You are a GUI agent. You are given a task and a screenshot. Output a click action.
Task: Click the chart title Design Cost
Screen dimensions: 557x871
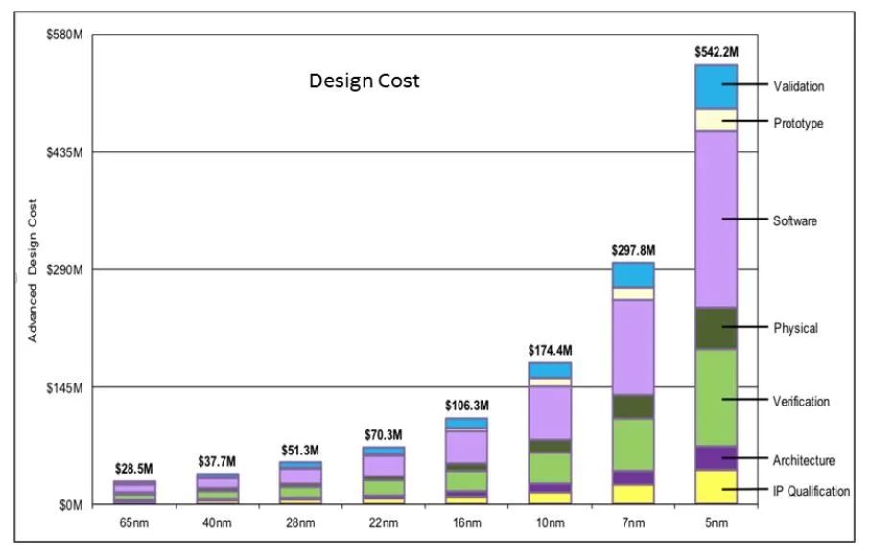364,81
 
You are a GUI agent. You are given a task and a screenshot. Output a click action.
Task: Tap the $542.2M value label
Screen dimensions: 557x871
717,51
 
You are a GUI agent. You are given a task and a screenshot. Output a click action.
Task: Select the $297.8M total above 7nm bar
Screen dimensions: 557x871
633,250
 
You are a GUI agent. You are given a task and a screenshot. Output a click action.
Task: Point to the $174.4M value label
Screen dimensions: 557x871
550,351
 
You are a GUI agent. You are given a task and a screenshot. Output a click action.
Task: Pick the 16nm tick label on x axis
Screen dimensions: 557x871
467,522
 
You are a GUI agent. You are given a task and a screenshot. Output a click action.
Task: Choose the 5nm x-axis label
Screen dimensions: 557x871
717,522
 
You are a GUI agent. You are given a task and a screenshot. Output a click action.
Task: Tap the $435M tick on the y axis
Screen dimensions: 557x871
66,152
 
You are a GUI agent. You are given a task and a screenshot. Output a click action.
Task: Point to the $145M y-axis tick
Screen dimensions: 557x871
66,387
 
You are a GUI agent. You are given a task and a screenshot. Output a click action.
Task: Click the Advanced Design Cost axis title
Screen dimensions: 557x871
33,270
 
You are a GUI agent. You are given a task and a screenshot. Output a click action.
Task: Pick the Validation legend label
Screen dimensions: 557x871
798,86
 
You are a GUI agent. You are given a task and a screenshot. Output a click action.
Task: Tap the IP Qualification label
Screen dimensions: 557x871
811,491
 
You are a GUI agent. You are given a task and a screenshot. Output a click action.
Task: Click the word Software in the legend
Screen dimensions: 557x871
794,220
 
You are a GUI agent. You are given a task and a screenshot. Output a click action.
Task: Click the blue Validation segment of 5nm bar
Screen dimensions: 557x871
717,86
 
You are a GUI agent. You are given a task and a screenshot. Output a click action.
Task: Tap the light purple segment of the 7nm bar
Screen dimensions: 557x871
633,347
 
